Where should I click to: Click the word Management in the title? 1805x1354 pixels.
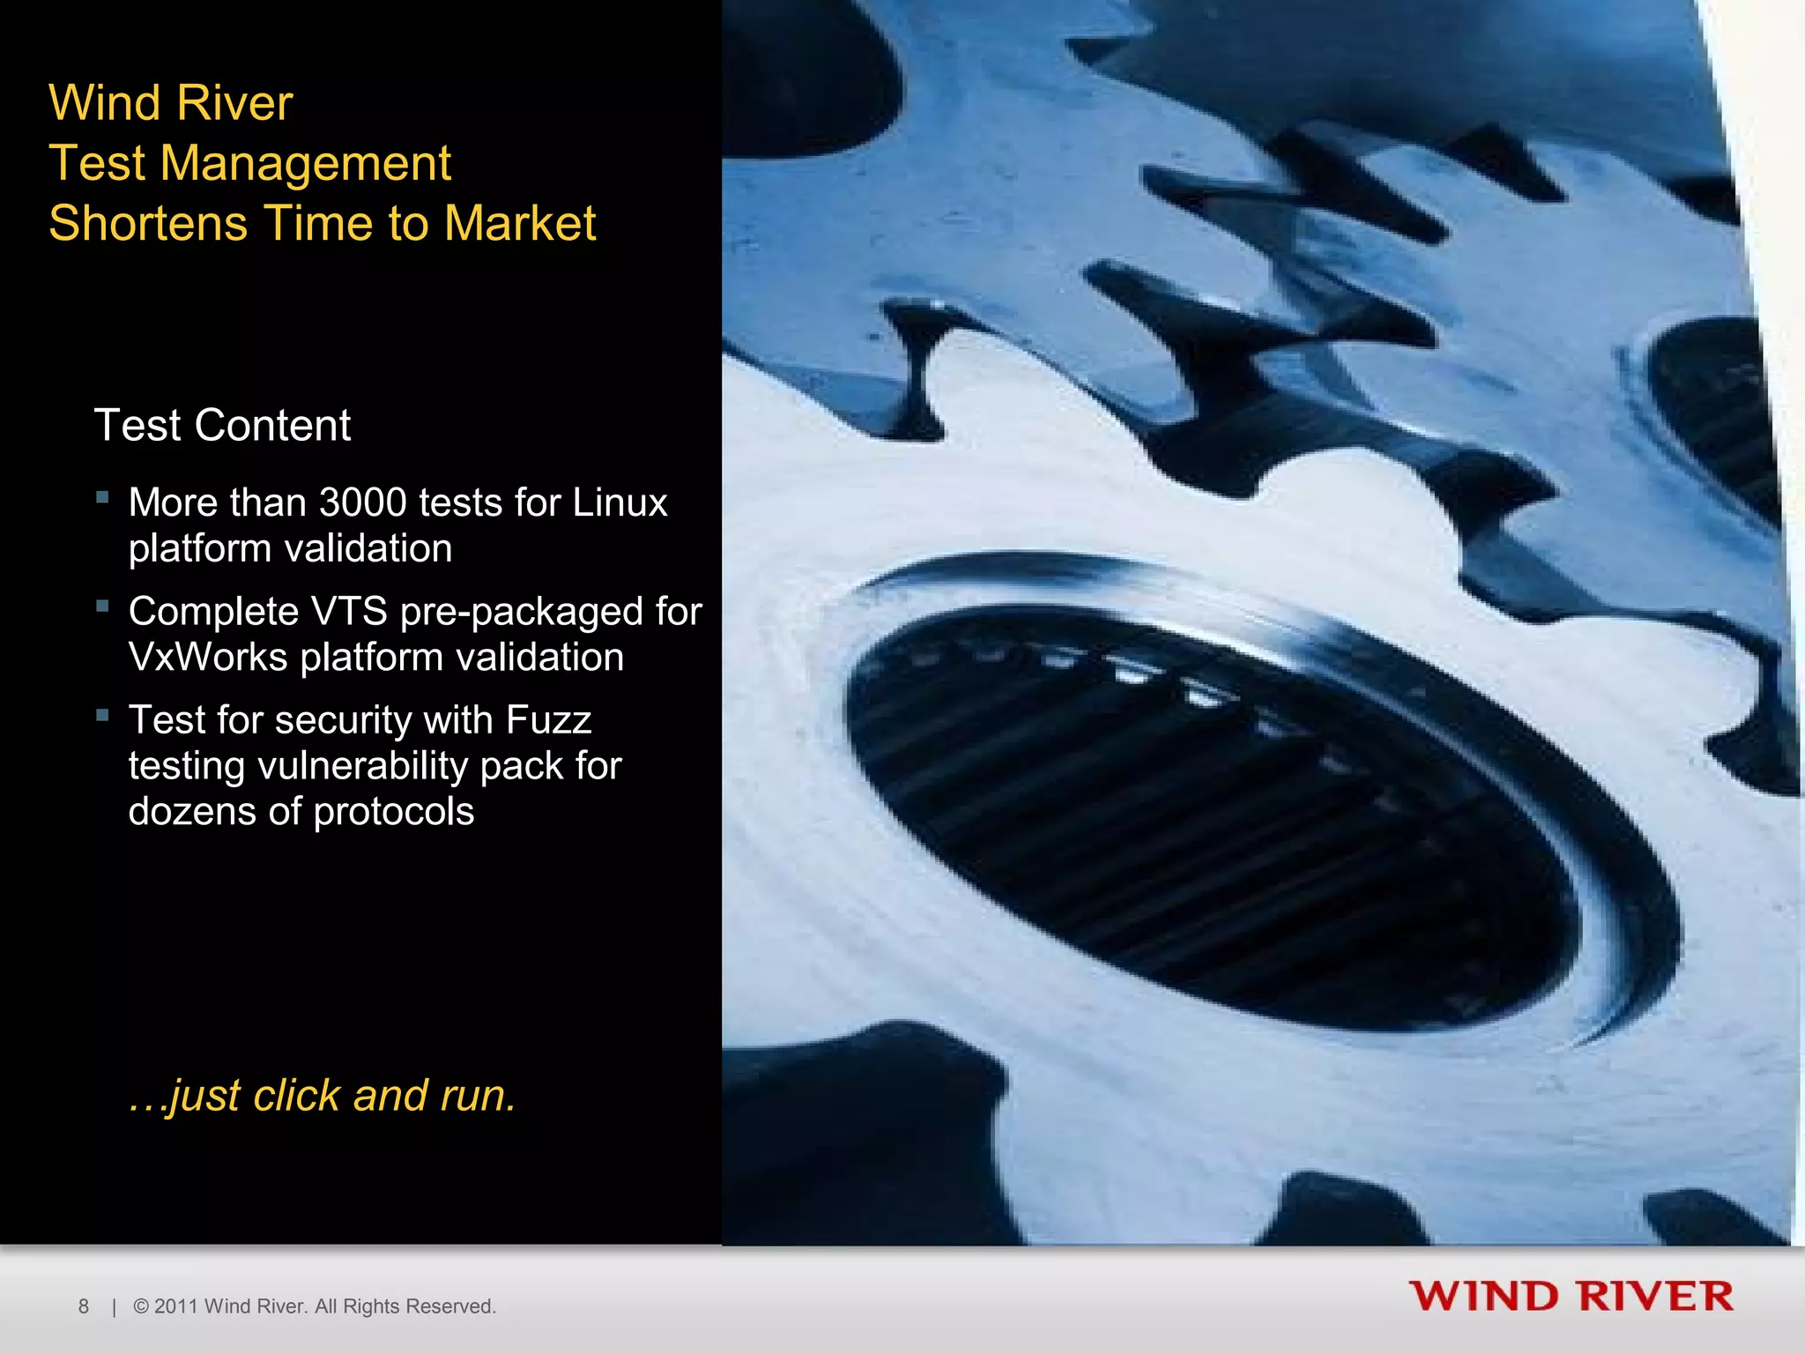[x=305, y=164]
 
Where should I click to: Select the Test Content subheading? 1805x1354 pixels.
[x=222, y=426]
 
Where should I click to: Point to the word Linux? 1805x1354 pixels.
[x=620, y=502]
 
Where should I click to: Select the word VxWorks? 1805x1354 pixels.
[x=208, y=658]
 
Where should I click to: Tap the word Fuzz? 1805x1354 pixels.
[x=547, y=720]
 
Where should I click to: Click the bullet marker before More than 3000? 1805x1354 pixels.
[x=103, y=498]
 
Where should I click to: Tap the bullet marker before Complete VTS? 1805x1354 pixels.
[x=103, y=606]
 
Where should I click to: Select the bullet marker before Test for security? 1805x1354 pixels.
[x=103, y=716]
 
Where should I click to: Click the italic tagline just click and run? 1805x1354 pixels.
[x=322, y=1096]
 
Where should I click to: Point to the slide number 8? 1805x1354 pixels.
[x=84, y=1306]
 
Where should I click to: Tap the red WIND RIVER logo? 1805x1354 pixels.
[x=1571, y=1297]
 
